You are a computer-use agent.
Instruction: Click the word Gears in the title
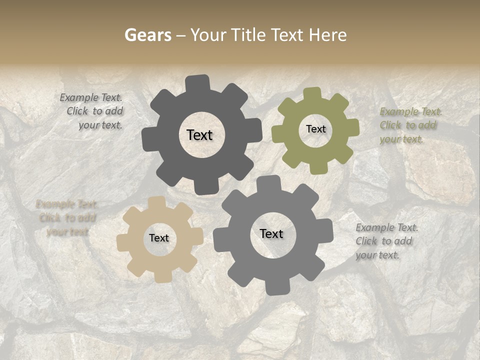click(147, 35)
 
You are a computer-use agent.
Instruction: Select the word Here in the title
click(327, 35)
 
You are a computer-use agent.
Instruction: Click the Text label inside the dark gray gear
click(199, 135)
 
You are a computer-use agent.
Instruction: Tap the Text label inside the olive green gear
click(315, 129)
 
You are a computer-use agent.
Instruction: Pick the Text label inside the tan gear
click(159, 238)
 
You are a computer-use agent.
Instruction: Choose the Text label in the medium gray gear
click(271, 233)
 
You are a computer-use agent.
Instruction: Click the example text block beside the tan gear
click(66, 218)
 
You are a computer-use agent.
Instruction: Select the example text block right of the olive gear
click(410, 125)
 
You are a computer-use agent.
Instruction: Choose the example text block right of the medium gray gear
click(386, 241)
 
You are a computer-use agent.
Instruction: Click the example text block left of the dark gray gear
click(92, 111)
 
